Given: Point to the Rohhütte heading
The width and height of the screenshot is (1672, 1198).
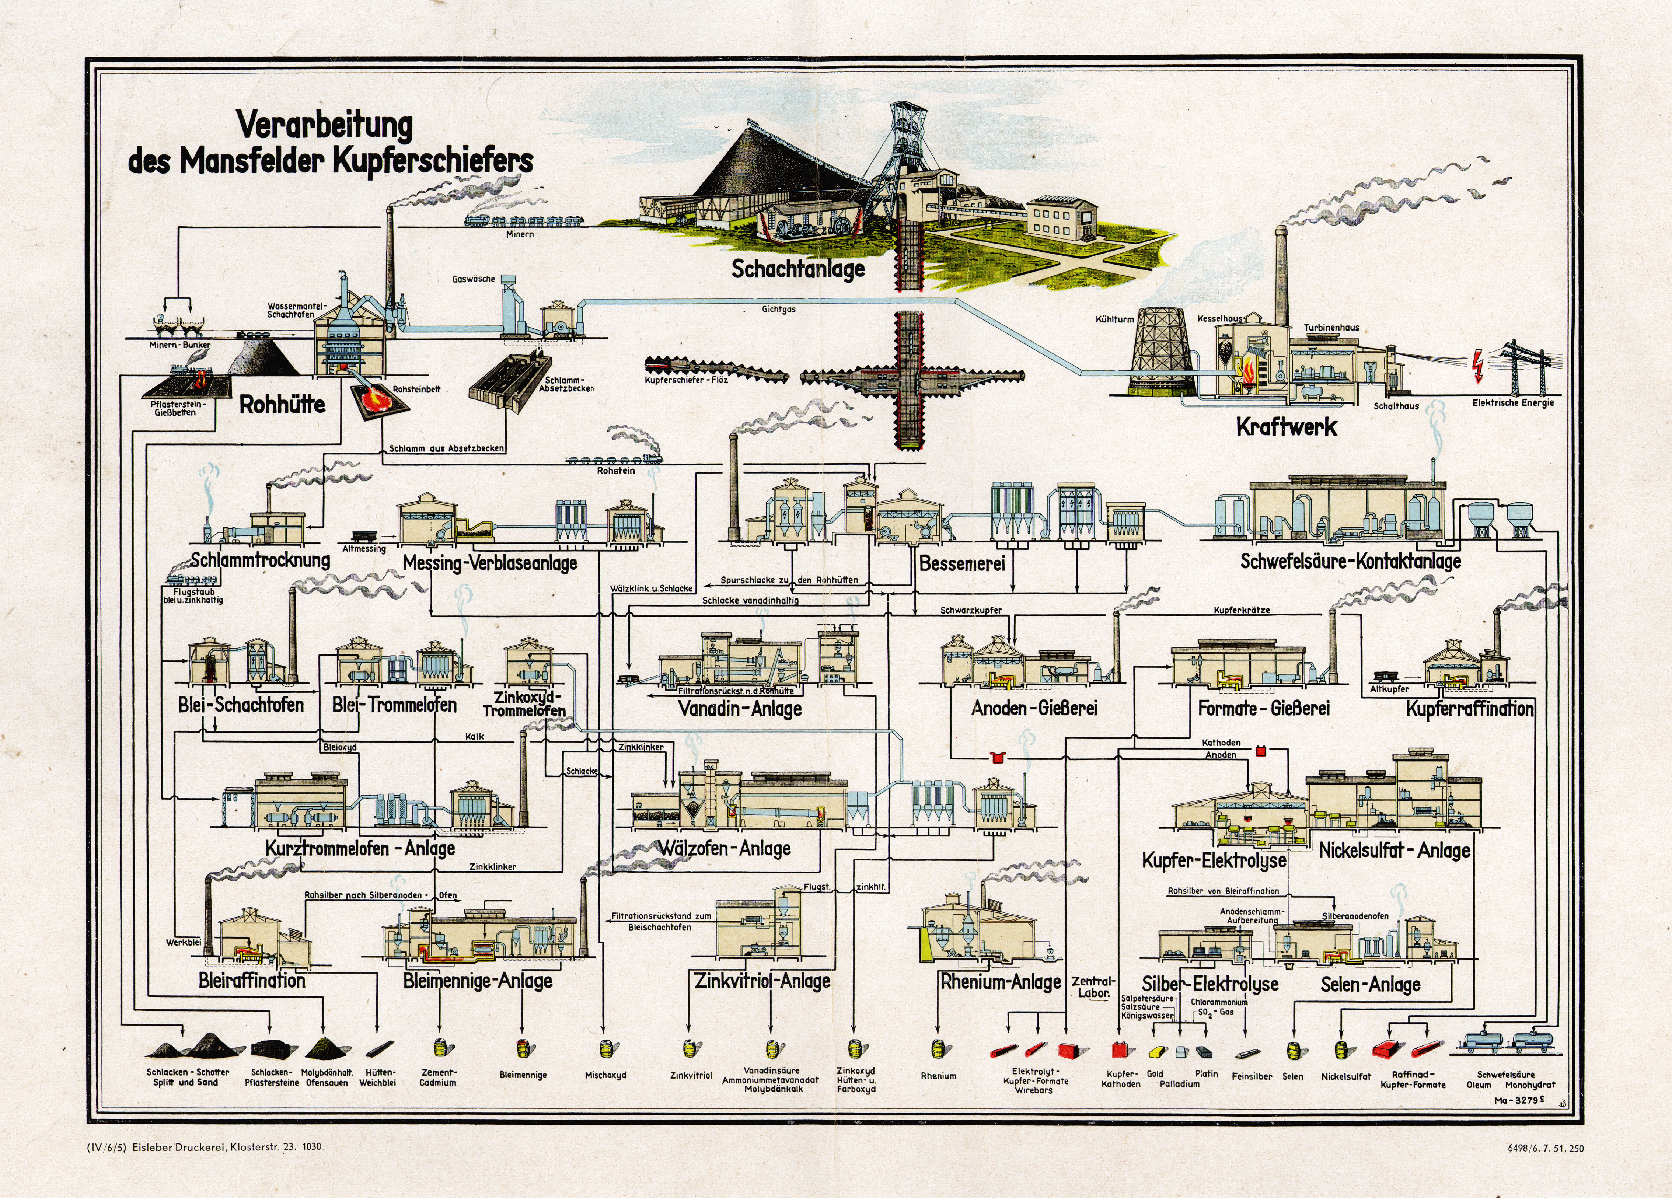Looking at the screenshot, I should pos(282,404).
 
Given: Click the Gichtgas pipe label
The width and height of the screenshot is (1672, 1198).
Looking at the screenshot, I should pos(778,310).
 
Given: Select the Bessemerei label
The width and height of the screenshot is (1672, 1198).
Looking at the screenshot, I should pos(962,564).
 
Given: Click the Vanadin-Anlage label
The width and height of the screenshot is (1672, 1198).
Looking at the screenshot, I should pos(739,709).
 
